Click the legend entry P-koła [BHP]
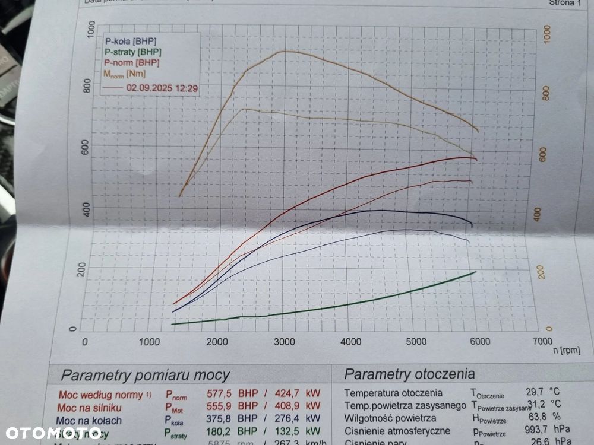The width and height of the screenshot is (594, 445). (131, 41)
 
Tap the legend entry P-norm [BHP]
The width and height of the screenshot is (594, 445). (131, 62)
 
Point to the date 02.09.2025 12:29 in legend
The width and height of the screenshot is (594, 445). (162, 88)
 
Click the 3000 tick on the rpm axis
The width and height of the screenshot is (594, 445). (285, 341)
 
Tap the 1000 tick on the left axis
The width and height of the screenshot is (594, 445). (91, 30)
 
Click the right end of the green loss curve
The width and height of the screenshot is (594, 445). (475, 272)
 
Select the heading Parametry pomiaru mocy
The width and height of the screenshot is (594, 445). (146, 375)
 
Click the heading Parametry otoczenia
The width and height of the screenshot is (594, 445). (410, 374)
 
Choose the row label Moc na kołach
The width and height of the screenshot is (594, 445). (89, 420)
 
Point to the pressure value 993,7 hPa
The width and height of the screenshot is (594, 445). (545, 431)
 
